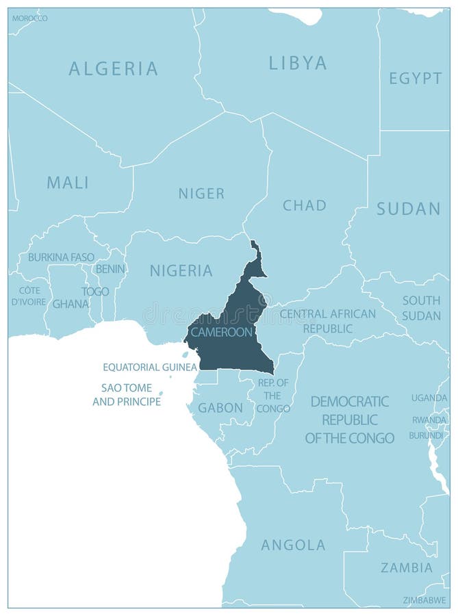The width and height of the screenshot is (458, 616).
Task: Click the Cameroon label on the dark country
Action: (221, 332)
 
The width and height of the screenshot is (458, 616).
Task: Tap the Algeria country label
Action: (114, 68)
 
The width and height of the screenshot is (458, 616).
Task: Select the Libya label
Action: (297, 64)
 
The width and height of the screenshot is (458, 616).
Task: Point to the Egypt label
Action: (415, 78)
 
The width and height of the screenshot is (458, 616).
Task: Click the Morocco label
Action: (30, 18)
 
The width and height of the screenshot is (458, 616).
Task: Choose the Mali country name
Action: (68, 183)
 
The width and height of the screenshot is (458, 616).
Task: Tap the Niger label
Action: (201, 194)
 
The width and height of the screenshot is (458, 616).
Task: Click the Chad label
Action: (305, 205)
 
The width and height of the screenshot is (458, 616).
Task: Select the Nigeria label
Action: (181, 270)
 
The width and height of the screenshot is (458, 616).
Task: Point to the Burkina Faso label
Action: (61, 257)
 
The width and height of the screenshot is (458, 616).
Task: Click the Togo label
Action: (95, 291)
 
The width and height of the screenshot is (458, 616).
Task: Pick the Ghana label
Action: (71, 303)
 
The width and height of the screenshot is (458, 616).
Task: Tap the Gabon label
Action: (220, 408)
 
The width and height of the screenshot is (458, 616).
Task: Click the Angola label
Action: (293, 545)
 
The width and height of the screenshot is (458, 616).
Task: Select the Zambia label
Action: (407, 567)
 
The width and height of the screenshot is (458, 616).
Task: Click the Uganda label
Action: (429, 398)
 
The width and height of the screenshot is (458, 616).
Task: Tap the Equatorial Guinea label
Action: (149, 367)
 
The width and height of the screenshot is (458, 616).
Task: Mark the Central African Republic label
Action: (327, 321)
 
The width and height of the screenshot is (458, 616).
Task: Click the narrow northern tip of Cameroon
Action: (255, 248)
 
